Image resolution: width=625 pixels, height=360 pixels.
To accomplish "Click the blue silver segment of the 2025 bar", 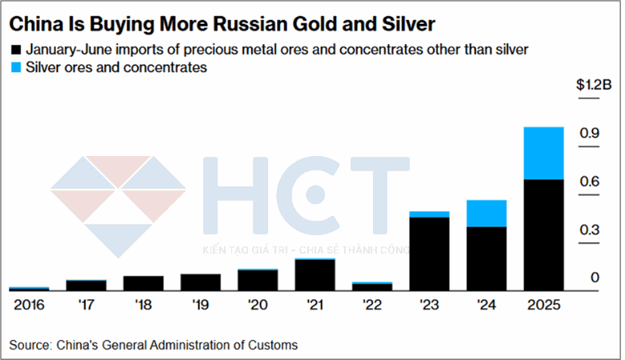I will click(543, 153).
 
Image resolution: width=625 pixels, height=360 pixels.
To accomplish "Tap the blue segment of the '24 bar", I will click(486, 214).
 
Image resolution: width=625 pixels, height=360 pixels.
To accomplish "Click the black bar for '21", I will click(315, 274).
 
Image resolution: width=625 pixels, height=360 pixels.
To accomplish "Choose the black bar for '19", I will click(201, 282).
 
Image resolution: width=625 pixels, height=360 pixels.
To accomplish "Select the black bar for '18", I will click(144, 282).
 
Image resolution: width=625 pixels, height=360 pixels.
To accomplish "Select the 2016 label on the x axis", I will click(29, 305).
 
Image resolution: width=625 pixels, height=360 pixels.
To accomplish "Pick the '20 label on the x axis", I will click(258, 305).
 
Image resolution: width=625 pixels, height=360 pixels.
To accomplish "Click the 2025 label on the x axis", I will click(543, 305).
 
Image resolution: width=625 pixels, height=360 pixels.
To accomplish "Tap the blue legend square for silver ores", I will click(15, 68).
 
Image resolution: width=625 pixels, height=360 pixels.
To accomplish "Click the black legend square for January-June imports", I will click(15, 50).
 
